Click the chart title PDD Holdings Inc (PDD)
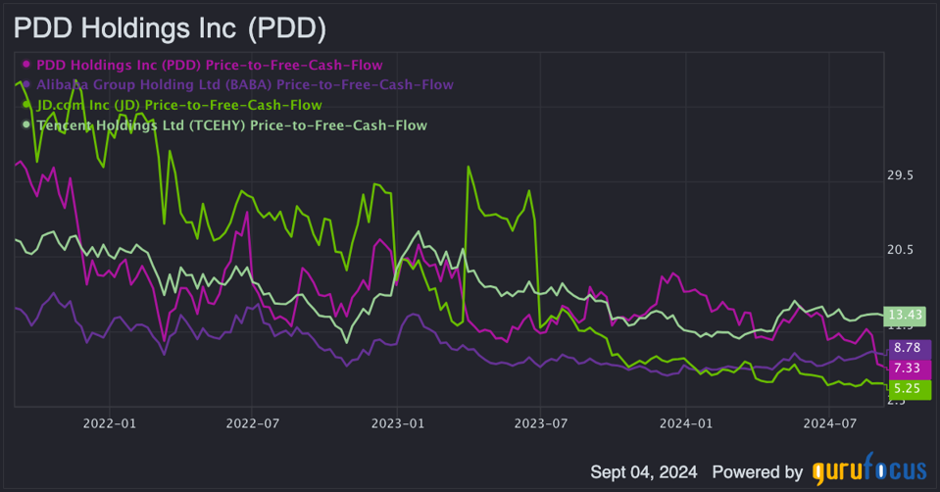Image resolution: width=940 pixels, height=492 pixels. (x=170, y=28)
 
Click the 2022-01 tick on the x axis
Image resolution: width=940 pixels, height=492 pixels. (x=109, y=423)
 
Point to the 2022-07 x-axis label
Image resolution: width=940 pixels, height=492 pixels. (x=253, y=423)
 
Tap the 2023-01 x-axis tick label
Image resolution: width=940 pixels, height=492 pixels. (x=397, y=423)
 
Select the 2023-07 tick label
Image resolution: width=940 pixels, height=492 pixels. (x=541, y=423)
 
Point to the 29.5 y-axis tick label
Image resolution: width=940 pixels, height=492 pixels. (x=900, y=176)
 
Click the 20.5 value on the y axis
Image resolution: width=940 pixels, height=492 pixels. (x=900, y=250)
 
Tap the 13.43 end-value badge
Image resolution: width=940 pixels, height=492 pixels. (x=905, y=315)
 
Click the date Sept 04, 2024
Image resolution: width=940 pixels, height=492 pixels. (x=644, y=471)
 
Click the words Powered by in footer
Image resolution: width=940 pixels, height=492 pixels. (x=758, y=471)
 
